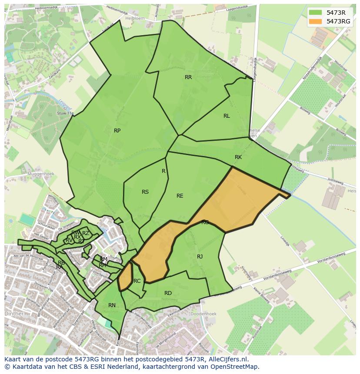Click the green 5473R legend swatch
[x=316, y=13]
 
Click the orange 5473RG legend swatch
[x=316, y=21]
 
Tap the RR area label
[x=188, y=77]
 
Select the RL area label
[x=227, y=116]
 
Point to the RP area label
[x=117, y=131]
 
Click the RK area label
[x=238, y=157]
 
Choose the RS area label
[x=145, y=192]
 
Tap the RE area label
[x=180, y=196]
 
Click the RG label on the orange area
[x=205, y=222]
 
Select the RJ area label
[x=200, y=257]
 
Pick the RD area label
[x=168, y=293]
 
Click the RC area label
[x=137, y=281]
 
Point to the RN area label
[x=112, y=305]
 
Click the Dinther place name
[x=14, y=313]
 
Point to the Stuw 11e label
[x=66, y=113]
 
